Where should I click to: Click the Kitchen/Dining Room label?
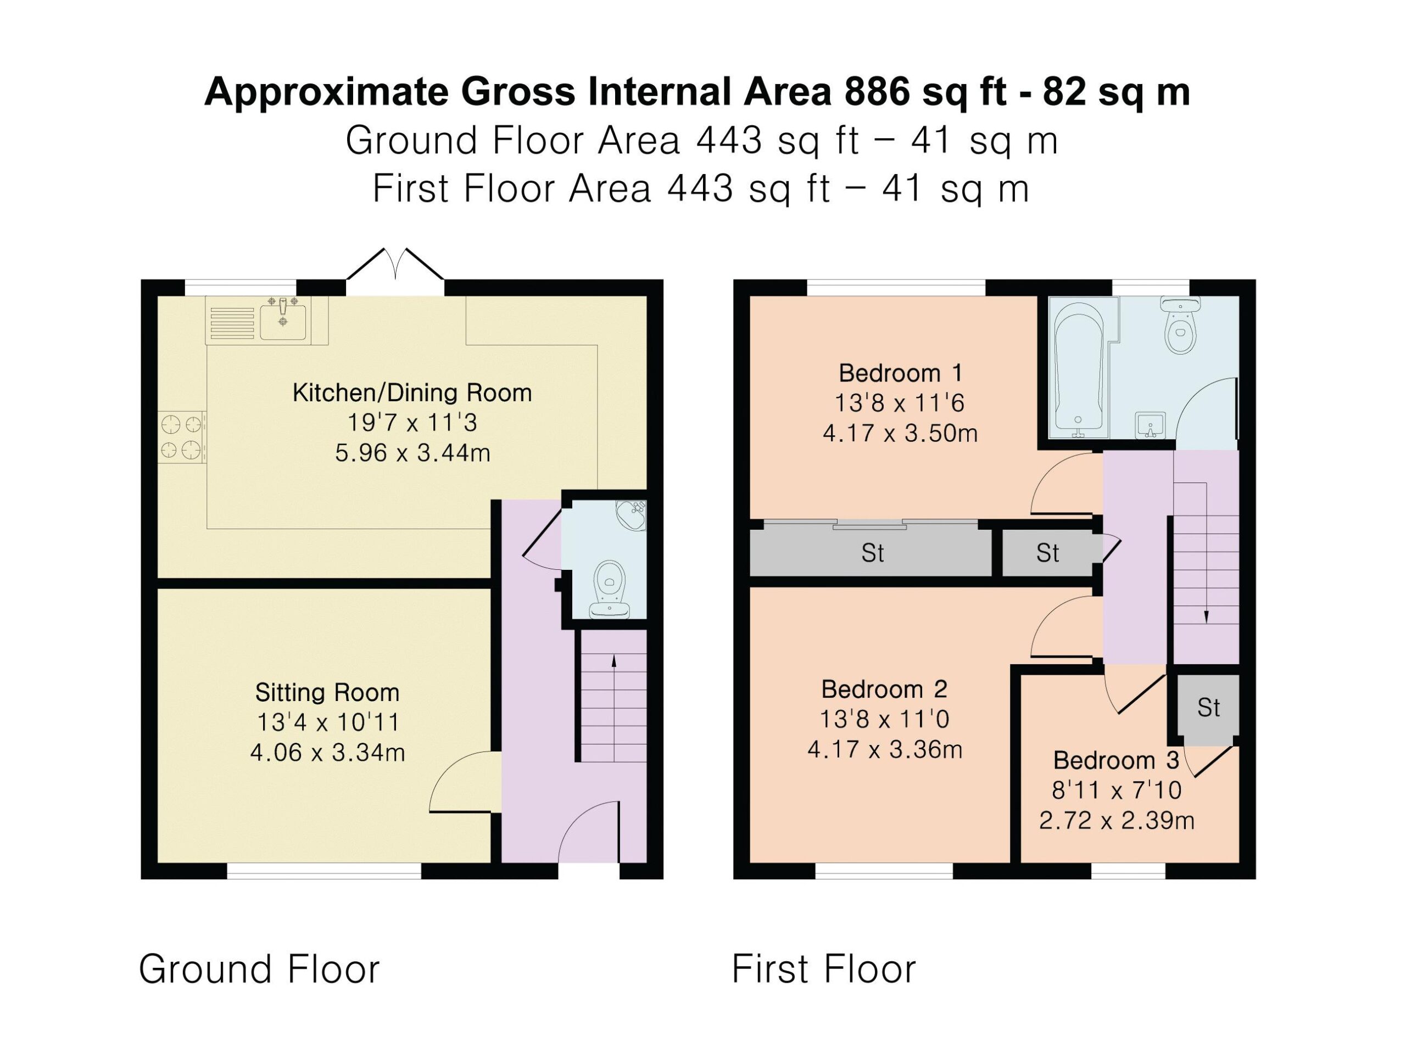pos(412,393)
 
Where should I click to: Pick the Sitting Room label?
pos(327,692)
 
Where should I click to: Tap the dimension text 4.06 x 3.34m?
pos(327,753)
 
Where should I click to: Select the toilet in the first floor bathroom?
pos(1181,324)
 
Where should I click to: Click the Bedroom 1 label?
pos(900,373)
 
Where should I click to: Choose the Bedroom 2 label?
pos(884,689)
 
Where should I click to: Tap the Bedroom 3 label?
pos(1116,760)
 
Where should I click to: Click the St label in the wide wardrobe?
pos(873,553)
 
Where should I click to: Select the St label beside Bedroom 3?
pos(1208,708)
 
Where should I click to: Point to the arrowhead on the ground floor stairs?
pos(613,661)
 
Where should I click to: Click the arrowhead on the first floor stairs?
pos(1206,616)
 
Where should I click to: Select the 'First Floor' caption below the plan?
pos(824,969)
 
